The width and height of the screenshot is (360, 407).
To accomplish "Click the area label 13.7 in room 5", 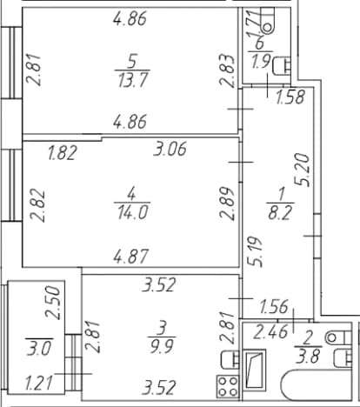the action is [x=133, y=80].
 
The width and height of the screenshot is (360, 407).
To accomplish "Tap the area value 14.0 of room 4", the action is [x=133, y=212].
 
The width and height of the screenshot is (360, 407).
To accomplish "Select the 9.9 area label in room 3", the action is [x=162, y=346].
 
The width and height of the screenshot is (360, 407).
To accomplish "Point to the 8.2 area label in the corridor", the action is [x=280, y=213].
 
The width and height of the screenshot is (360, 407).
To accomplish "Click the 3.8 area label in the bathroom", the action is [x=308, y=357].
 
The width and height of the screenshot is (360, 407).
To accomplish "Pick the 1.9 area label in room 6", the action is [x=261, y=62].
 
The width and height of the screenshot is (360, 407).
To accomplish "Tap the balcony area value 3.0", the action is [x=40, y=348].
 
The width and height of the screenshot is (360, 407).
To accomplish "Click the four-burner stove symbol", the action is [x=228, y=386].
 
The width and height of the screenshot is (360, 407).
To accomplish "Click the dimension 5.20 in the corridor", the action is [x=302, y=170].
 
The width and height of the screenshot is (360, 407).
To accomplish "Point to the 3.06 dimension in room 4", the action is [x=170, y=149].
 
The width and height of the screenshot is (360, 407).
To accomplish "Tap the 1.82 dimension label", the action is [x=63, y=153].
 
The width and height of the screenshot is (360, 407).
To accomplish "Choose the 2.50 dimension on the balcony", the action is [x=53, y=303].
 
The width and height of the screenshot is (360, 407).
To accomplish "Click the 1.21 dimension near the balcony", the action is [x=39, y=383].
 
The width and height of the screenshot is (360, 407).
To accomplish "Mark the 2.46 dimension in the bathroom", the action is [x=270, y=332].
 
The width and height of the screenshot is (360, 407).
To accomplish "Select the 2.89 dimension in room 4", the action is [x=227, y=203].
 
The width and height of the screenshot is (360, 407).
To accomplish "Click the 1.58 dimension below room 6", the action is [x=290, y=97].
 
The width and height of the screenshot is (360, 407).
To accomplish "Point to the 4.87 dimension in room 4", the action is [x=130, y=257].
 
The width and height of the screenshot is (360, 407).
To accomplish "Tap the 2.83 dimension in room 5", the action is [x=227, y=70].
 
